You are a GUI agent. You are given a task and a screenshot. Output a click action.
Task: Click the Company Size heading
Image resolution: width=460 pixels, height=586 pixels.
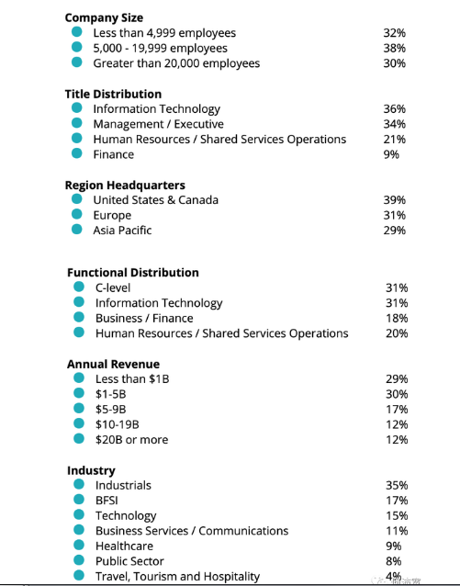click(104, 17)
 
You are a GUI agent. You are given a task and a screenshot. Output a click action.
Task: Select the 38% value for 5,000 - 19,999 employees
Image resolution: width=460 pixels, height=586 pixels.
click(394, 48)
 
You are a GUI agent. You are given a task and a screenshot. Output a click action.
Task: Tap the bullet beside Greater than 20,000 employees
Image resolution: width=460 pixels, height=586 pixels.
click(76, 62)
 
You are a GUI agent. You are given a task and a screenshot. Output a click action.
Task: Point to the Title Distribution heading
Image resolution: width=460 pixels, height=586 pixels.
click(113, 94)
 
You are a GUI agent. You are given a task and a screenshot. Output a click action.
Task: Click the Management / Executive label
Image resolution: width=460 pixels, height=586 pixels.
click(159, 124)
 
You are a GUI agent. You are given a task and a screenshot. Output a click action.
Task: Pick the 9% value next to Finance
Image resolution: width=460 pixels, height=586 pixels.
click(391, 154)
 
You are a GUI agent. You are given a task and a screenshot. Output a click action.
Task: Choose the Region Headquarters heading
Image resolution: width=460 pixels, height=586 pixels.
click(125, 185)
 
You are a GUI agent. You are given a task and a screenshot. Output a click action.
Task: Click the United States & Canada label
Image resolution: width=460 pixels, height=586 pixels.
click(156, 200)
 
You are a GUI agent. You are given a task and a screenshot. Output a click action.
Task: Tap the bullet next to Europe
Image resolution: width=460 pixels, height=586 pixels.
click(76, 214)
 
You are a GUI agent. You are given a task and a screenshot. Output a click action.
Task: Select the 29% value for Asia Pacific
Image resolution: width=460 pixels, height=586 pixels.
click(394, 231)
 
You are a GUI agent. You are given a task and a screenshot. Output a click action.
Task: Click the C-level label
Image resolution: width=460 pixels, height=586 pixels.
click(113, 287)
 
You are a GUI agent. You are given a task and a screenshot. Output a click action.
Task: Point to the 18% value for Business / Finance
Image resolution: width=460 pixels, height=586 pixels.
click(397, 318)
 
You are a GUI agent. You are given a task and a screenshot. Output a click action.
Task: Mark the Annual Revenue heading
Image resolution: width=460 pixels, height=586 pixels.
click(114, 364)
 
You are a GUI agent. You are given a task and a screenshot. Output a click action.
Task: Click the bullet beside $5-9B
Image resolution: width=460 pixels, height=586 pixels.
click(79, 408)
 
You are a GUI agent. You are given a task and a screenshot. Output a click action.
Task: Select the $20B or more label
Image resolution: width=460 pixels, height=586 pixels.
click(132, 439)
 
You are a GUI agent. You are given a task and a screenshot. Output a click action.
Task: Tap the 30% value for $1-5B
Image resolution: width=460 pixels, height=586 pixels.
click(397, 394)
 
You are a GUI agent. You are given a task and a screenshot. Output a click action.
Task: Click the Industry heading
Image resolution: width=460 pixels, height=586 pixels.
click(91, 470)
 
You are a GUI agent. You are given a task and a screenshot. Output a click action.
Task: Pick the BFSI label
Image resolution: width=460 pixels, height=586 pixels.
click(107, 501)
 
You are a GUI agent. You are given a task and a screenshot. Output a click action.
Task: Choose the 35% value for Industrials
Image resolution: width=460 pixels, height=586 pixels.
click(397, 485)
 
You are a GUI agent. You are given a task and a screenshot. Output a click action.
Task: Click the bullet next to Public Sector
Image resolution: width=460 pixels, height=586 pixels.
click(79, 560)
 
